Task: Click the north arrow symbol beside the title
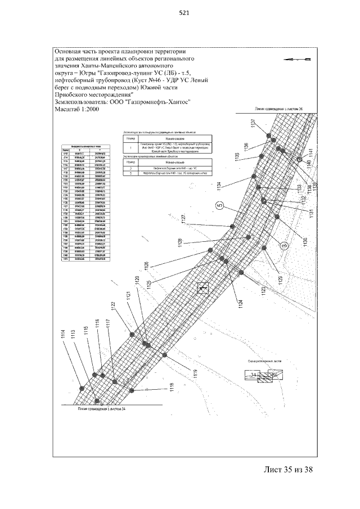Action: [299, 58]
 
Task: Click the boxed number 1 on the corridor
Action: [202, 288]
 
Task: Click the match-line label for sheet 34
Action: [101, 409]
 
